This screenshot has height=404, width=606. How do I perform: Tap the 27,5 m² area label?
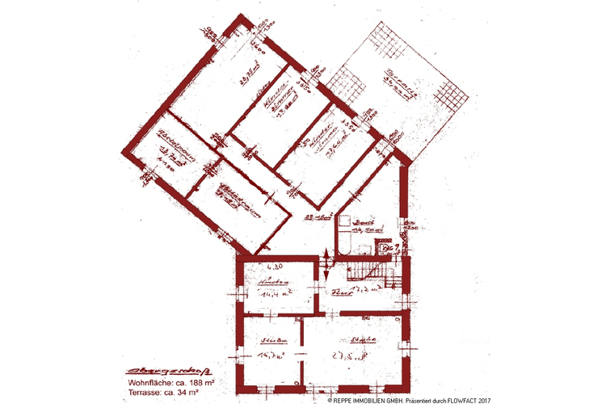tap(352, 354)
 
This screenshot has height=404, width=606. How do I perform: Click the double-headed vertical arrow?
tap(326, 265)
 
